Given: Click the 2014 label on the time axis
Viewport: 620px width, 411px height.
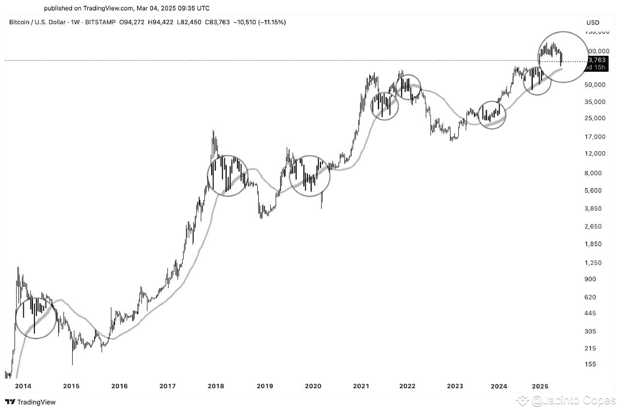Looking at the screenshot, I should [x=23, y=386].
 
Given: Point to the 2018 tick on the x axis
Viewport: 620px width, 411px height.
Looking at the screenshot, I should [x=216, y=386].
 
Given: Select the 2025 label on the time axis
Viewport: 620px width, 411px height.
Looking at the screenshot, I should [x=540, y=386].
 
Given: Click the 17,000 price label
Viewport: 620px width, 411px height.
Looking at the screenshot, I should [x=595, y=137].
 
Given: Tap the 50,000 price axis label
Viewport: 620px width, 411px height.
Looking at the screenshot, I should [x=595, y=85].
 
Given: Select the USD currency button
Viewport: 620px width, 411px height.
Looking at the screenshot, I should [x=592, y=22].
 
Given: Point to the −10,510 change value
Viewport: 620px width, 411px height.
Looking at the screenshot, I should [x=244, y=22].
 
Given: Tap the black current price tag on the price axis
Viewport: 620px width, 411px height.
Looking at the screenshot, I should [x=596, y=63].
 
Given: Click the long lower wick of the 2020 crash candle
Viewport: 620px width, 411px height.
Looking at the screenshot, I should [x=322, y=201].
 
